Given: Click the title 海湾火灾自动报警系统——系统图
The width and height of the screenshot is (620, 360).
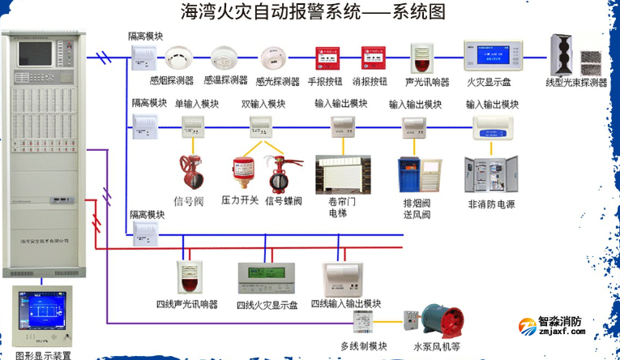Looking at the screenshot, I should point(312,12).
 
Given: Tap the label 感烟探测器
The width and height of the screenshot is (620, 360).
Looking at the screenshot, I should point(172,81).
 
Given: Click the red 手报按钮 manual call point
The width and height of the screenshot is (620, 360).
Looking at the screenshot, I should point(327,58).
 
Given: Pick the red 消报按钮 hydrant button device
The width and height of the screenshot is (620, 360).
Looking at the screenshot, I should point(371,58).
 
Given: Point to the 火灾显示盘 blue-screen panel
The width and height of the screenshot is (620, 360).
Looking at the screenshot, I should point(487,55).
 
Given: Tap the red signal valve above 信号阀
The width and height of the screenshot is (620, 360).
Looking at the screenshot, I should point(192,171).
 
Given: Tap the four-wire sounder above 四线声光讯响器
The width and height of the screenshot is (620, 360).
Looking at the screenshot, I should point(187,277).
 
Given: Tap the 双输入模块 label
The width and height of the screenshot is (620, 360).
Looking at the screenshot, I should point(263,104).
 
